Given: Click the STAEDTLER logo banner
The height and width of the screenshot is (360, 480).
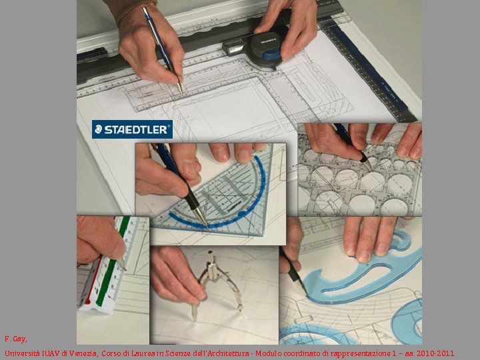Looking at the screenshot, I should click(132, 129).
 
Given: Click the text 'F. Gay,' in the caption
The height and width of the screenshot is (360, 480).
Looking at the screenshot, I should click(15, 339).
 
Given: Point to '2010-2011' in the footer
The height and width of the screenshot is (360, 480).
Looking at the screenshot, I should click(437, 353).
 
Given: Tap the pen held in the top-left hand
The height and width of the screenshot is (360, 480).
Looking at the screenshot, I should click(164, 50).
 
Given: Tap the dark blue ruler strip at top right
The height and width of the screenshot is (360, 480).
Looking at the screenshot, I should click(373, 73).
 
